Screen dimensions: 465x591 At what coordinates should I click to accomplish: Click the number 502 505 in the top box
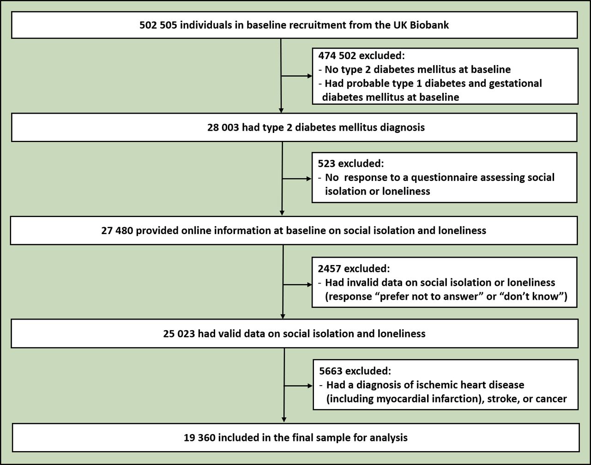(158, 25)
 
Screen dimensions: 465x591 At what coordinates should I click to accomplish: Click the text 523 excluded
(351, 163)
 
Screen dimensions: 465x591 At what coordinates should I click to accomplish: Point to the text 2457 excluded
(354, 268)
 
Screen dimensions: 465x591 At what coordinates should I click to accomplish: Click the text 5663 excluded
(355, 371)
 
